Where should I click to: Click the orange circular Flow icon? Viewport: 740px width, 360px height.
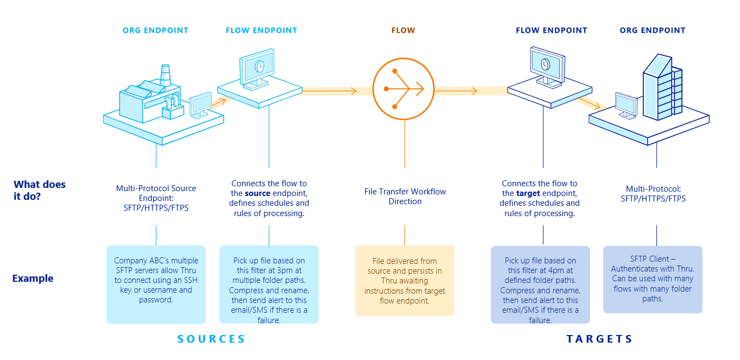point(403,89)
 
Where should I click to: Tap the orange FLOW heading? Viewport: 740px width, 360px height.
point(403,30)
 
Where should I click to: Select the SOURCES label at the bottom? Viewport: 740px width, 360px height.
point(211,339)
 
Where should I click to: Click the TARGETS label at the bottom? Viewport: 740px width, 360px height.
point(599,339)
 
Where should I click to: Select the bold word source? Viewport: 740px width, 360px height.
point(257,193)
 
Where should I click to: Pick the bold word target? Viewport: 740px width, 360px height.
point(528,193)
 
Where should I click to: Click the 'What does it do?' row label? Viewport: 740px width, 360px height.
point(39,190)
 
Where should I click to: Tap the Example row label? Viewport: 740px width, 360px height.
point(33,279)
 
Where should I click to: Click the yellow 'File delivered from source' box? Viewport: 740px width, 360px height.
point(404,281)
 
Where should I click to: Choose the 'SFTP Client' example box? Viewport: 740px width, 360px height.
point(653,279)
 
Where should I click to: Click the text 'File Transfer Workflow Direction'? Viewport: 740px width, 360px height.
point(404,197)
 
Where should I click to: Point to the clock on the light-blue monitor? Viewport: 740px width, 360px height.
point(260,66)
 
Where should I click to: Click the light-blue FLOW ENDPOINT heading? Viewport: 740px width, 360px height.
point(261,30)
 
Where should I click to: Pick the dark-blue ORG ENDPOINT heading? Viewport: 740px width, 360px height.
point(652,30)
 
